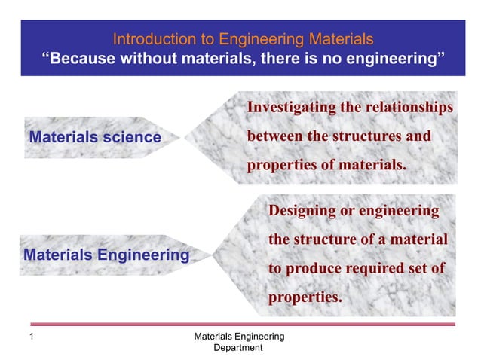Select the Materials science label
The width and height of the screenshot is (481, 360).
(x=94, y=137)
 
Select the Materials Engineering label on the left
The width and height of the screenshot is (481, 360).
(x=106, y=255)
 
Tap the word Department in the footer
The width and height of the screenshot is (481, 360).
(x=238, y=348)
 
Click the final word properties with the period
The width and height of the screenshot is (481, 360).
(x=305, y=297)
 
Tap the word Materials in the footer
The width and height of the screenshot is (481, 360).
(x=214, y=336)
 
